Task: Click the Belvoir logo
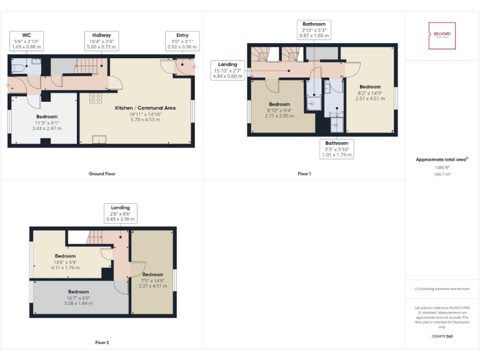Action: point(442,36)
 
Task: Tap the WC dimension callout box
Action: point(26,41)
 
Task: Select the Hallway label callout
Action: point(101,41)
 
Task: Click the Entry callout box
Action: point(182,41)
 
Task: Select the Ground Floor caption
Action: point(102,174)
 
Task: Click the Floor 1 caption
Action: point(304,174)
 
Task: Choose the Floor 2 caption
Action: point(102,342)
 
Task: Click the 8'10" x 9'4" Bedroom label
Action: point(279,110)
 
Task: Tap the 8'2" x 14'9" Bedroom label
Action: point(369,92)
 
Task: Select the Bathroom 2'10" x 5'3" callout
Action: point(313,30)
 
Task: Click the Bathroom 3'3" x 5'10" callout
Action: point(337,149)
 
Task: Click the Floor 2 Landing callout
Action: point(120,213)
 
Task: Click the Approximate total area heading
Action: point(441,160)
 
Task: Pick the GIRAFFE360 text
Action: point(442,337)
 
